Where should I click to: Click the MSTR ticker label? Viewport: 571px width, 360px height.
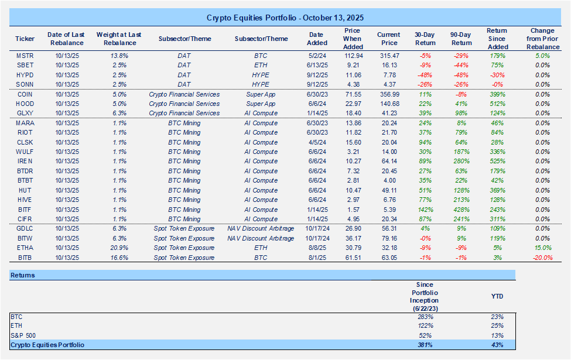point(25,55)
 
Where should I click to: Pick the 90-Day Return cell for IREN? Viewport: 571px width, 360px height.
point(461,161)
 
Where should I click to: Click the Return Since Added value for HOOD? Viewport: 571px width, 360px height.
point(497,104)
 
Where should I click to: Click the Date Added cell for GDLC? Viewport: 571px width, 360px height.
point(316,228)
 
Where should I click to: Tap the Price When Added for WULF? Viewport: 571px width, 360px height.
point(353,152)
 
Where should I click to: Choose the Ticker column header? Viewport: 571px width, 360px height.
point(25,39)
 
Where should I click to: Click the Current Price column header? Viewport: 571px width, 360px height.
point(388,39)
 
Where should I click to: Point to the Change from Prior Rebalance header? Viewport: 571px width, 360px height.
point(542,39)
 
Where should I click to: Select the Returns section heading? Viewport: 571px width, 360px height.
point(23,275)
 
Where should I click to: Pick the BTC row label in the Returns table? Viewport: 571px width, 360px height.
point(16,316)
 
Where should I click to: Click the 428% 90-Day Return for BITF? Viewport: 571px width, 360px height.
point(461,209)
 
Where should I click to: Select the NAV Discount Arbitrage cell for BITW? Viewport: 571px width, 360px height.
point(261,238)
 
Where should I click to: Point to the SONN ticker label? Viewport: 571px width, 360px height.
point(25,84)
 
